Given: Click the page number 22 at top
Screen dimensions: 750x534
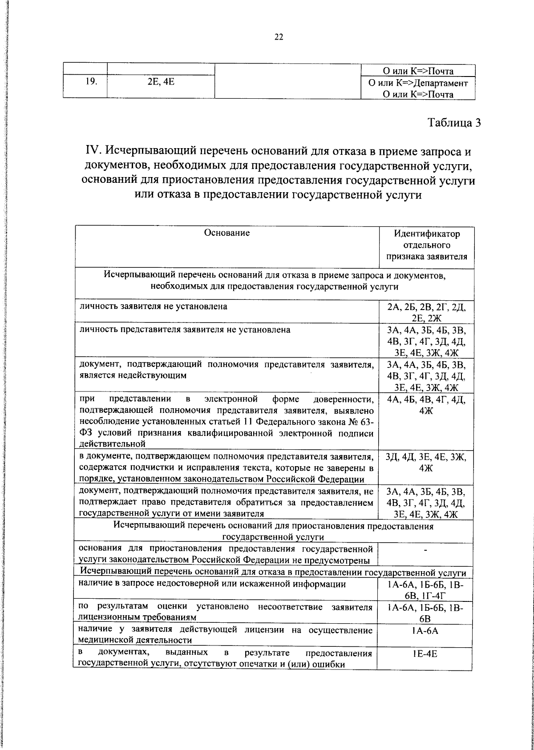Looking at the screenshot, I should (x=279, y=37).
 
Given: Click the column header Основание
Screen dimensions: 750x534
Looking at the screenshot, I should (x=227, y=233).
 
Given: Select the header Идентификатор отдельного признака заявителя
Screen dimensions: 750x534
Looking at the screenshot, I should (x=427, y=245).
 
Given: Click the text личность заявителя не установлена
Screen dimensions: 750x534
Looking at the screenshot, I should (x=154, y=306).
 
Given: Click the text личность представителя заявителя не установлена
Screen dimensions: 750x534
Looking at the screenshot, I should (x=185, y=330).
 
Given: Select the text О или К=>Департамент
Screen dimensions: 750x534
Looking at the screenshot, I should (x=418, y=83).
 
